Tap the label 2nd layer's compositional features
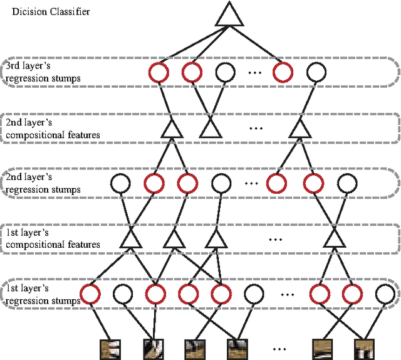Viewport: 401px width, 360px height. click(52, 129)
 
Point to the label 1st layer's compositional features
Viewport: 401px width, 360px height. click(51, 238)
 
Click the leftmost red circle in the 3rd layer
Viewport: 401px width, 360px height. click(160, 72)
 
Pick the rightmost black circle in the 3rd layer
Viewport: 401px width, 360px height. click(315, 72)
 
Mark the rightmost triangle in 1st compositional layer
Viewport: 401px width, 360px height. click(333, 238)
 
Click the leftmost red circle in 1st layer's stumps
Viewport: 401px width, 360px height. click(91, 292)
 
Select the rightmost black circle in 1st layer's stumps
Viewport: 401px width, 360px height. click(385, 292)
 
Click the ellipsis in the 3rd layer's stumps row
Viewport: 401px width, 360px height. click(255, 73)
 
